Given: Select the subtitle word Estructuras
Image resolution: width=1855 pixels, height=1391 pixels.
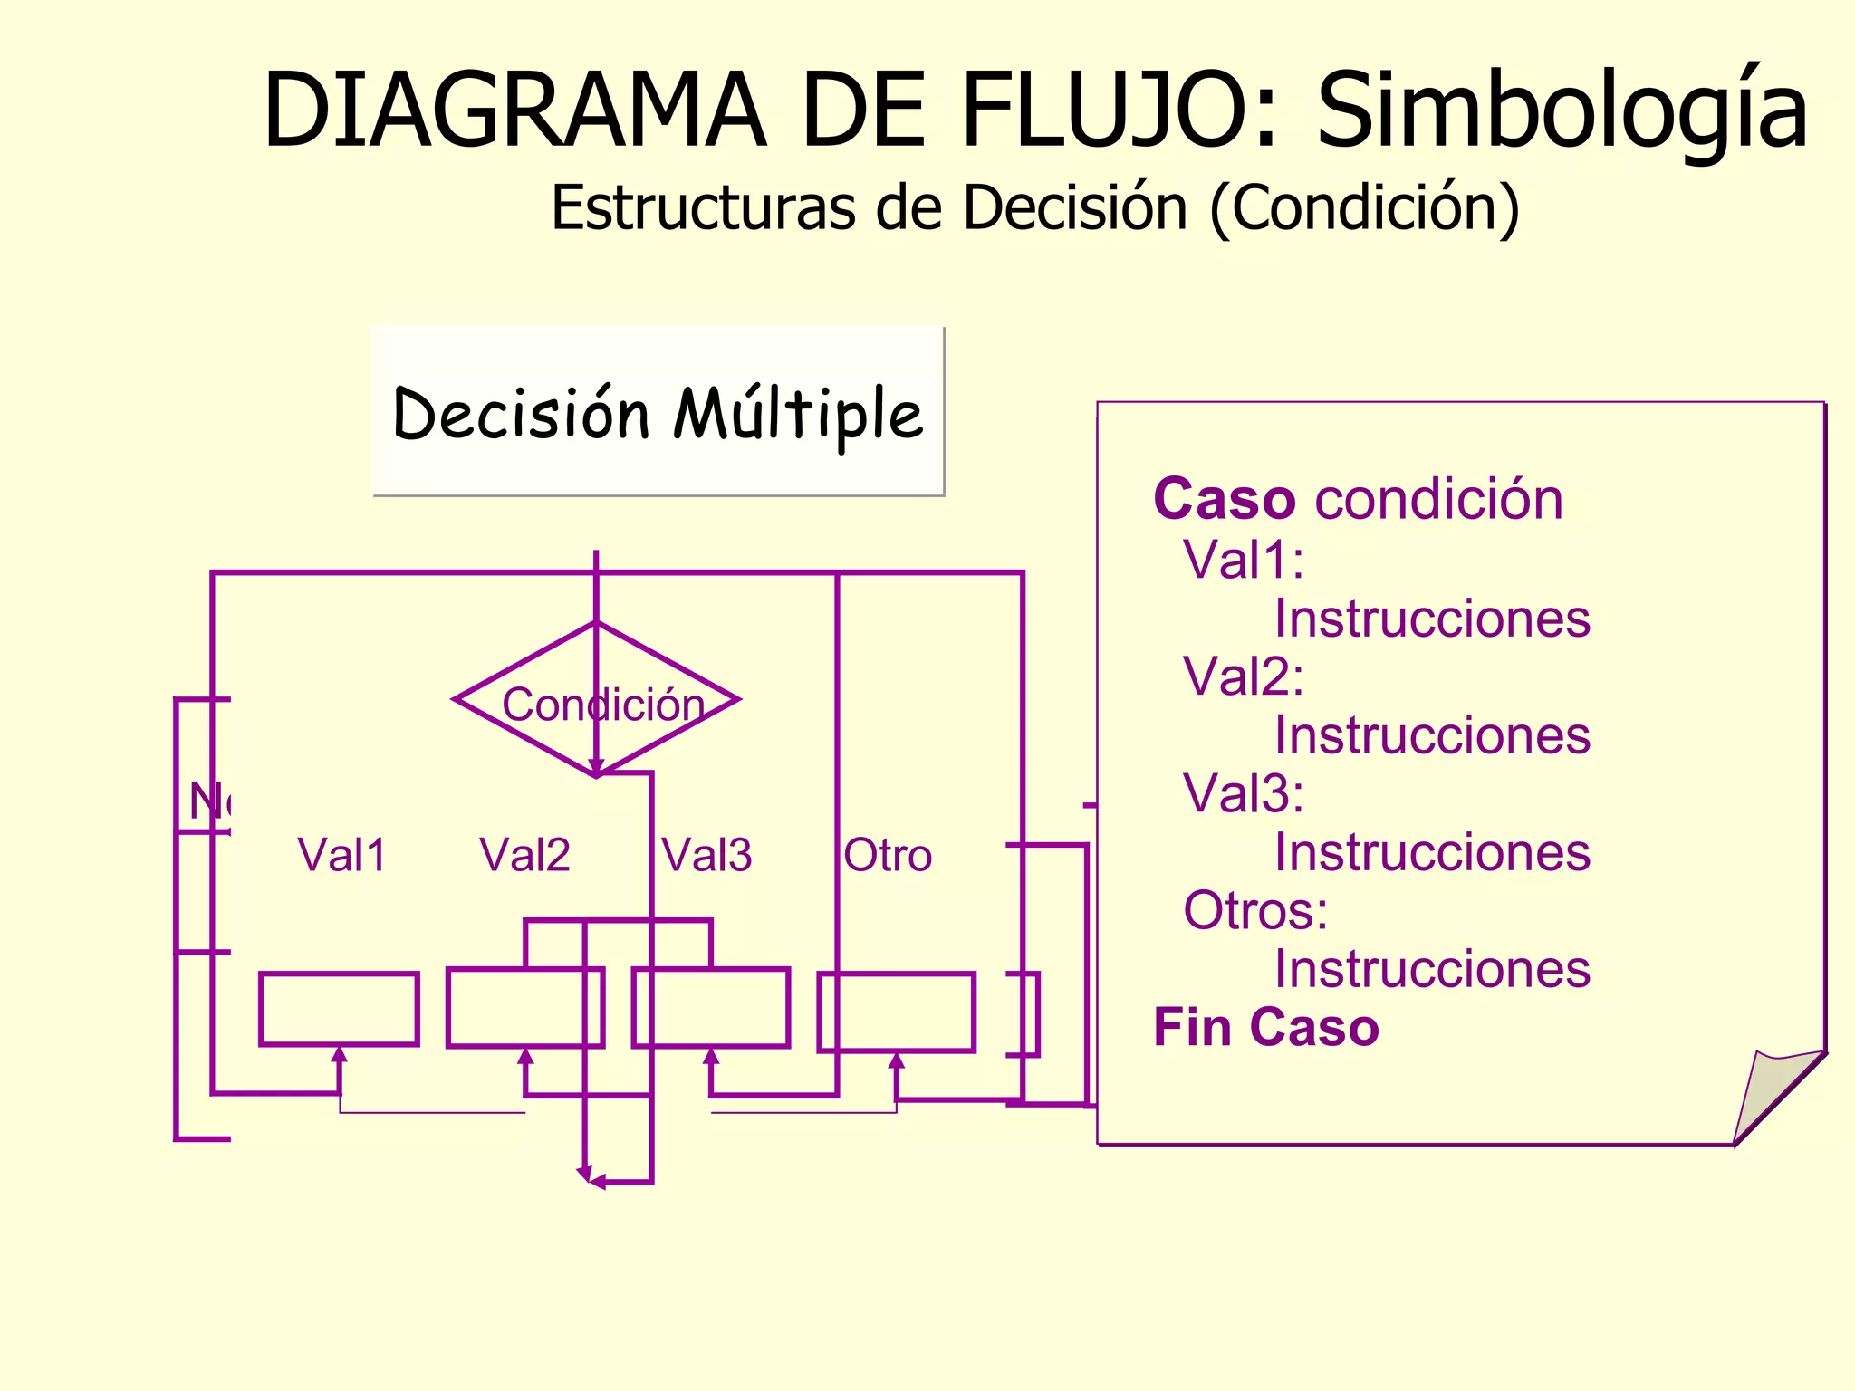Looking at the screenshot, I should [703, 207].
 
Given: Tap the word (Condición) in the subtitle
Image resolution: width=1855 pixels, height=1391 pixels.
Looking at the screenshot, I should [1364, 207].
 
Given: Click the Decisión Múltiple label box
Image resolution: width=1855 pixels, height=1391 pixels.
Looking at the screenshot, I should [658, 412].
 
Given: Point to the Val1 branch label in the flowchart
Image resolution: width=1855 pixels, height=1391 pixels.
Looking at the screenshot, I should [342, 855].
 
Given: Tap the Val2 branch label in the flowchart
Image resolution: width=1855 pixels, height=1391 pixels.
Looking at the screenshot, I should [524, 855].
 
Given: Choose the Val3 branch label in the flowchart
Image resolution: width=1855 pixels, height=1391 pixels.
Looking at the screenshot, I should [706, 855].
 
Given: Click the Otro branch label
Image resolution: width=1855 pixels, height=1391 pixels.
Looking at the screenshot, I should [888, 855].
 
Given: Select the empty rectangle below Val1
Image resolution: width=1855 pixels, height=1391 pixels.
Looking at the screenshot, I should [339, 1009].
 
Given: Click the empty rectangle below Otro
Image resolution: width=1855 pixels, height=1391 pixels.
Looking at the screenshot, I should [897, 1012].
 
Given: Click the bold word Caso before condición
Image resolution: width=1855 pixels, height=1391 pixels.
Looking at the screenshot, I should [1224, 499].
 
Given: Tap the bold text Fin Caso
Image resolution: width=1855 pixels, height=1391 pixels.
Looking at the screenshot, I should [1265, 1027].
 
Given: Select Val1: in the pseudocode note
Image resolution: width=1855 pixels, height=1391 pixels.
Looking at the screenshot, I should [1244, 560].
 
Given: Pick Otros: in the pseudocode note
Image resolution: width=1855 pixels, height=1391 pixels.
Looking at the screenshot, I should [1255, 910].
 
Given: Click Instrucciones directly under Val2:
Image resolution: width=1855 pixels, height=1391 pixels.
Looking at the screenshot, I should [1432, 734].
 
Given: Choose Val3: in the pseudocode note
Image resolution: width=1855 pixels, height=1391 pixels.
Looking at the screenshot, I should [1244, 793].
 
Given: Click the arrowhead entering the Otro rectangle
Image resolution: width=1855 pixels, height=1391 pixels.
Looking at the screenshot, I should [897, 1060].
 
